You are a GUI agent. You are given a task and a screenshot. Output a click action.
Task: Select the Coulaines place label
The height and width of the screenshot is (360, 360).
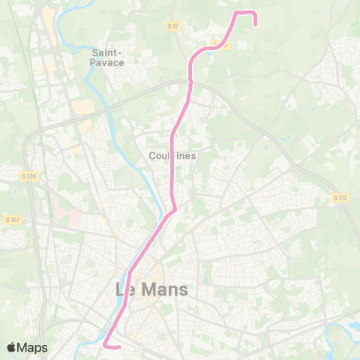[x=172, y=155]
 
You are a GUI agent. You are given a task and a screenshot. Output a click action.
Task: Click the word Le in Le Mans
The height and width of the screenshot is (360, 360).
[x=128, y=289]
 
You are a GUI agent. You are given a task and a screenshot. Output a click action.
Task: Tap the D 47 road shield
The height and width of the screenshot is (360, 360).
[x=174, y=25]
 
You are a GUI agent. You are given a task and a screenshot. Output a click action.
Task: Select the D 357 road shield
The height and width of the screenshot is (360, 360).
[x=13, y=220]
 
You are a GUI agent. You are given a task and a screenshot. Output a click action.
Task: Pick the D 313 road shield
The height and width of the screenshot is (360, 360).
[x=340, y=198]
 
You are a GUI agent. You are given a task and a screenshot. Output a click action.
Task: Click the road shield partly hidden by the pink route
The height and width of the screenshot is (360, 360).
[x=220, y=44]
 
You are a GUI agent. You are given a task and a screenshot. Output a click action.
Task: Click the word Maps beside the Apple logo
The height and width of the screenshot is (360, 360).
[x=33, y=347]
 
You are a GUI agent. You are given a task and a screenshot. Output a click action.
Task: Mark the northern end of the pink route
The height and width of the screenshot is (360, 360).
[x=256, y=23]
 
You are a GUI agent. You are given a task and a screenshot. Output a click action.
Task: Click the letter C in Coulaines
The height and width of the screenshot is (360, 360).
[x=152, y=155]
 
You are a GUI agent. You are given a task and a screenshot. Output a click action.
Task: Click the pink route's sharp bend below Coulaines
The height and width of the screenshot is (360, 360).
[x=174, y=211]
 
